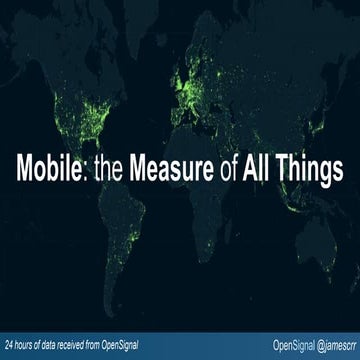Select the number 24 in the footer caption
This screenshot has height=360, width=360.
(x=9, y=345)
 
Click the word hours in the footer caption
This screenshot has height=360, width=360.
(x=26, y=345)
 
